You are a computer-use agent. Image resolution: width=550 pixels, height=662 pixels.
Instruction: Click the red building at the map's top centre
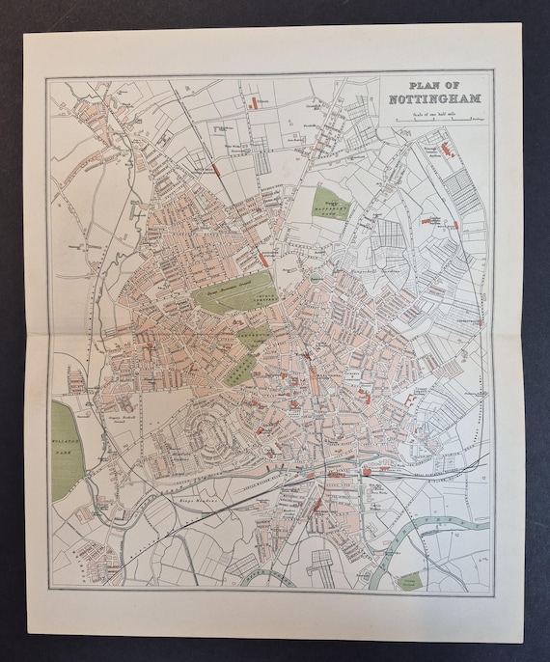click(253, 100)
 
